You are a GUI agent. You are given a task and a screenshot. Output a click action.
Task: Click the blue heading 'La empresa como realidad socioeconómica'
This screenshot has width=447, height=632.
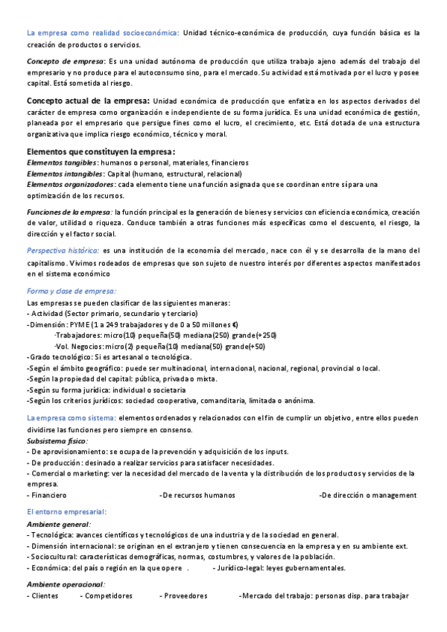tap(103, 33)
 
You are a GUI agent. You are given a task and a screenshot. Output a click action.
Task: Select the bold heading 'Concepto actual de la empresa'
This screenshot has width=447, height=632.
tap(88, 101)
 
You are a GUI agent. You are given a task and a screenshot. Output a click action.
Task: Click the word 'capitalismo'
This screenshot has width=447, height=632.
tap(45, 264)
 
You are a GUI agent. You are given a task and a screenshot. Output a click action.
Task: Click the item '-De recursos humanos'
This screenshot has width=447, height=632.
tap(197, 495)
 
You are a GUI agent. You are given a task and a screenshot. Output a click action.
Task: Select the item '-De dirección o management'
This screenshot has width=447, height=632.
tap(367, 495)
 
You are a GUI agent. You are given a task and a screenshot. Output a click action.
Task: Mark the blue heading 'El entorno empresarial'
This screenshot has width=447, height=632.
tap(66, 512)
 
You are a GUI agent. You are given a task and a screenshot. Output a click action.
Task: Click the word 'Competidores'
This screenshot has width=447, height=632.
tap(107, 596)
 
